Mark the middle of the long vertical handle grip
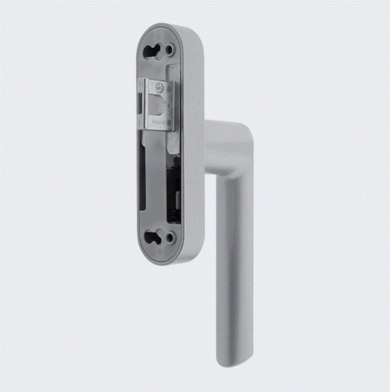point(233,261)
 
